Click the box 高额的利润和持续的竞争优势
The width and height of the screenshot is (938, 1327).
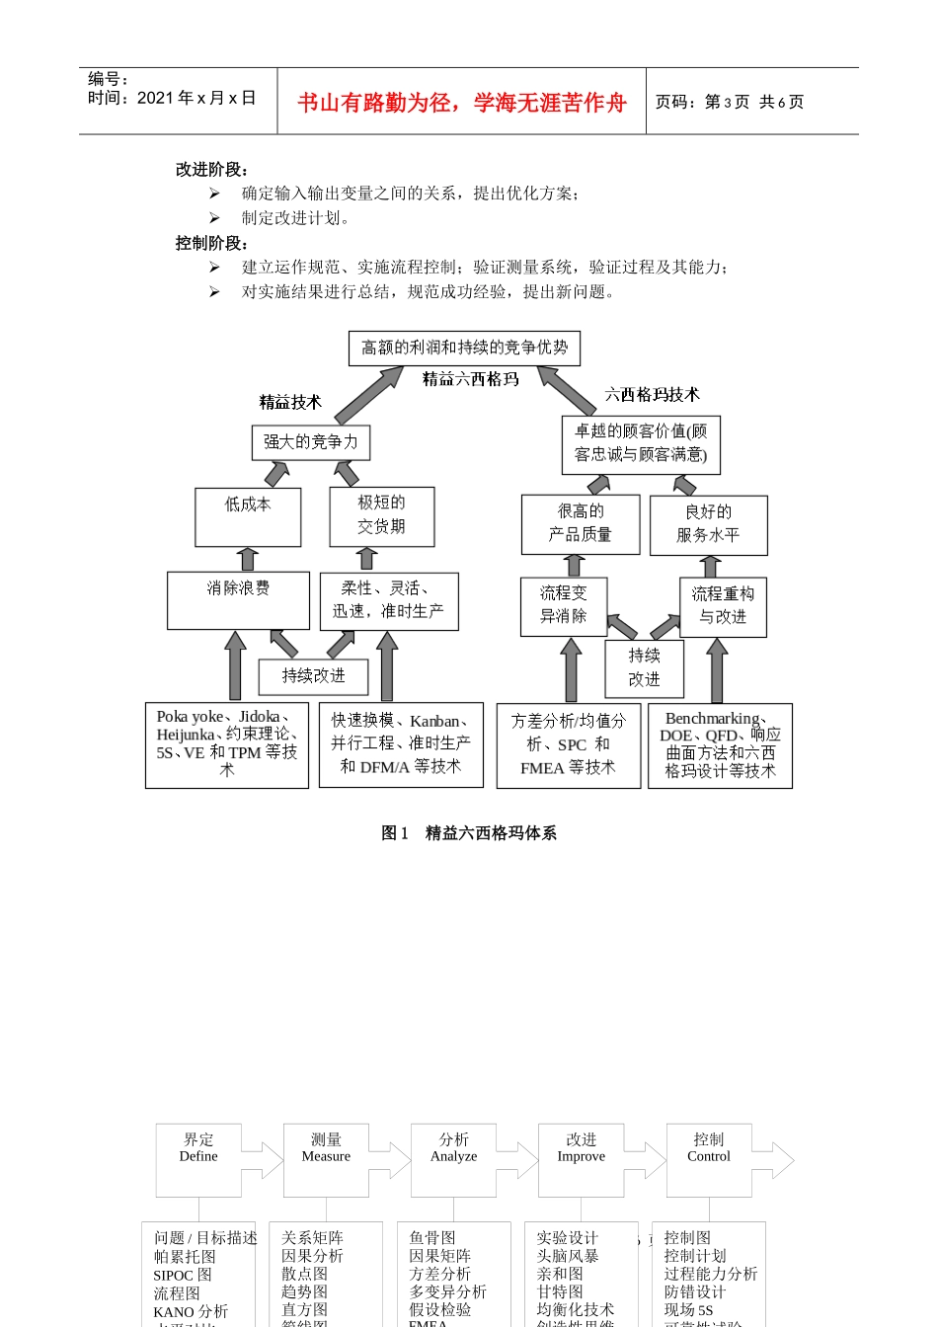[464, 348]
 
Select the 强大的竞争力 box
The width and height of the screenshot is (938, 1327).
[310, 442]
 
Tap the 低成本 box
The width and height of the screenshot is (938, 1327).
[248, 516]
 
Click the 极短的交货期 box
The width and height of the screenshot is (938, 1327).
[381, 515]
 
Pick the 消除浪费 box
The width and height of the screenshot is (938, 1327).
[238, 599]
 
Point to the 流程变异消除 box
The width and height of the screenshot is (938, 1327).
[563, 605]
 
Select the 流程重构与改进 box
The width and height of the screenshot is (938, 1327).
[723, 606]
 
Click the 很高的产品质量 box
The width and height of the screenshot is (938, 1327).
[580, 523]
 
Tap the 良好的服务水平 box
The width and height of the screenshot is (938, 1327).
[708, 524]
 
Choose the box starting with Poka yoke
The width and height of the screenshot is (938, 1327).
[227, 744]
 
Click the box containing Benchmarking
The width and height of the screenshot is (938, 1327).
[720, 745]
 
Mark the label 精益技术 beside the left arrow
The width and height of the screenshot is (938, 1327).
[290, 403]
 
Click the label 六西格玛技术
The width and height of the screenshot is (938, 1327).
[652, 395]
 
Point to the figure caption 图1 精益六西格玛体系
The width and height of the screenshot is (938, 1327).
[469, 833]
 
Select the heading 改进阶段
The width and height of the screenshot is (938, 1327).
[211, 170]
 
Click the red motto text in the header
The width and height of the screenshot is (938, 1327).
[462, 103]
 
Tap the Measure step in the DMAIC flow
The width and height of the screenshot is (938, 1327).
[326, 1148]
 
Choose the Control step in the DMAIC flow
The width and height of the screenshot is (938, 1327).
[709, 1148]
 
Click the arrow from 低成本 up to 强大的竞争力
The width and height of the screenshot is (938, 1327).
[276, 474]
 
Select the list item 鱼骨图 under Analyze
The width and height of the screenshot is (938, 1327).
[432, 1238]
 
